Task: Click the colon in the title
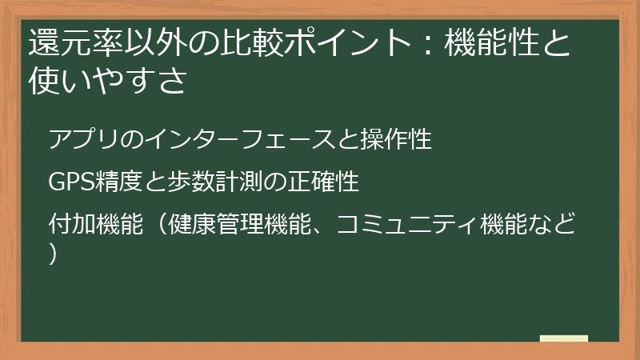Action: [427, 43]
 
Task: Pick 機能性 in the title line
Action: [492, 42]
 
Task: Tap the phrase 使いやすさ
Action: [108, 80]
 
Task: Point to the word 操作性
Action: [395, 138]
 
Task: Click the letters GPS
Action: [71, 182]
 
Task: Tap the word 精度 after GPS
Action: [118, 182]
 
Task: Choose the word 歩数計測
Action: [214, 182]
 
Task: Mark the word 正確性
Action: [323, 182]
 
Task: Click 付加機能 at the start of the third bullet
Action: [96, 224]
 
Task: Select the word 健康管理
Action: [215, 224]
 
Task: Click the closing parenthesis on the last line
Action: [52, 254]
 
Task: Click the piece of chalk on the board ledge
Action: [564, 338]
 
